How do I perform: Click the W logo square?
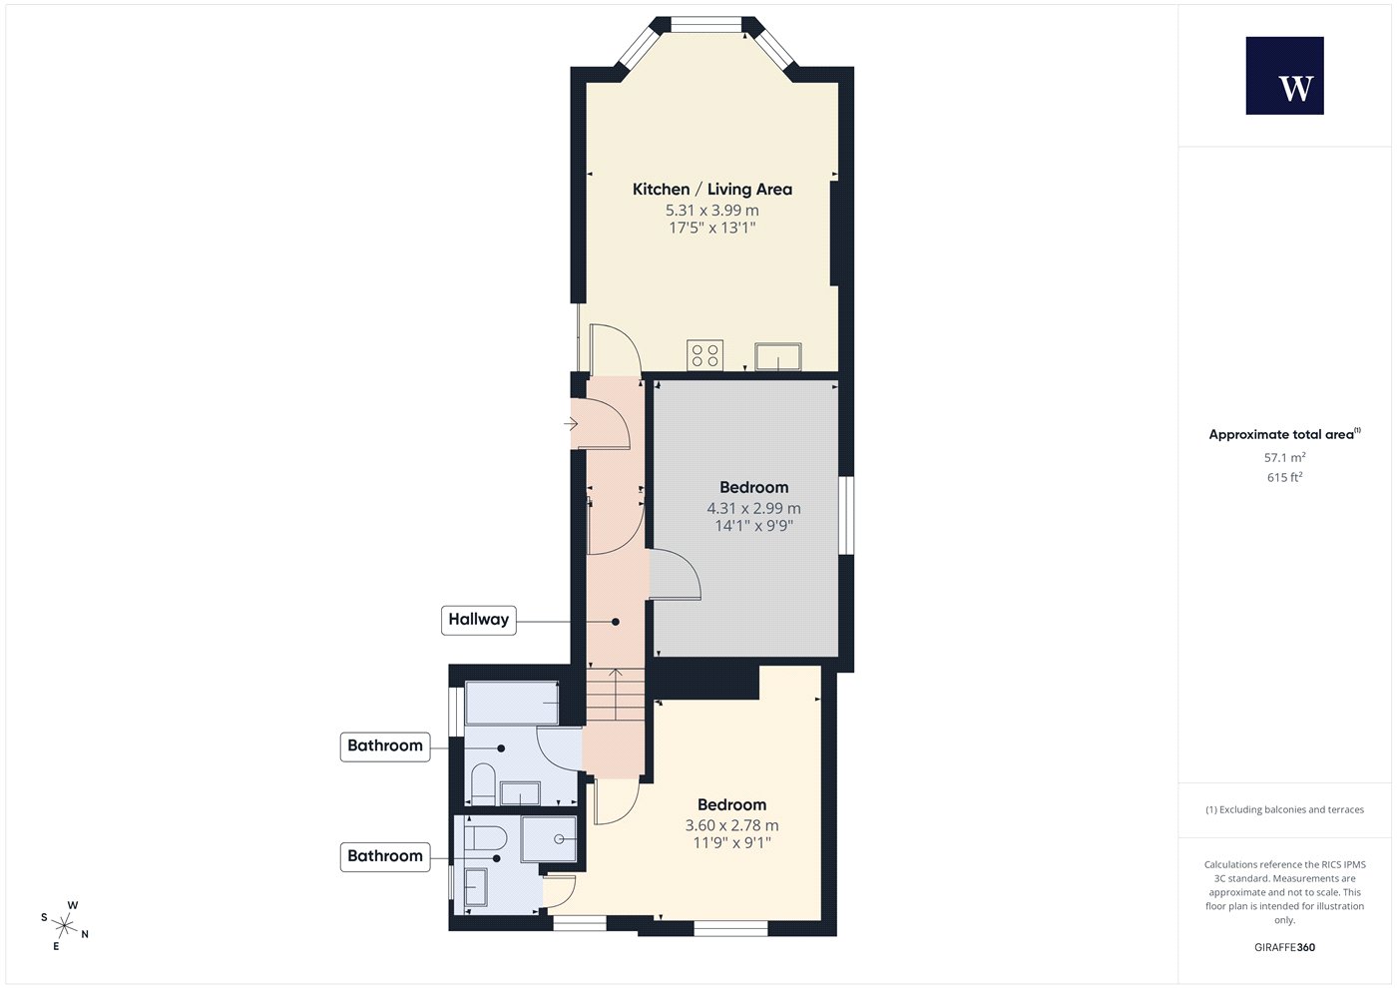point(1285,76)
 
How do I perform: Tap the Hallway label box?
point(478,620)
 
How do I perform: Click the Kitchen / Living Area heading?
point(712,189)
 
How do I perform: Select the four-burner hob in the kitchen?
point(704,355)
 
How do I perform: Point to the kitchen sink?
point(777,356)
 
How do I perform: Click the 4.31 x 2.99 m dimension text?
point(753,508)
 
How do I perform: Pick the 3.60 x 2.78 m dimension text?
point(731,825)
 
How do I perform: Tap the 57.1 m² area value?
point(1285,457)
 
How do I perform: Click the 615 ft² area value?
point(1285,477)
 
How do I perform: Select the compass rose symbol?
point(64,926)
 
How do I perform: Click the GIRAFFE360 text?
point(1285,947)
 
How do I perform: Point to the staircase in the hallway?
point(615,695)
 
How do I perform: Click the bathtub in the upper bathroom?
point(511,703)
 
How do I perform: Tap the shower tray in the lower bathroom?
point(549,839)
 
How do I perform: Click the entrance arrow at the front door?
point(571,424)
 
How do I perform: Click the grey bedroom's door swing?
point(675,575)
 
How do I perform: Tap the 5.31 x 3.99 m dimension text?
point(712,211)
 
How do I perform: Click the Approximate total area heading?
point(1285,434)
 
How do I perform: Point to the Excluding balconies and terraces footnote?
point(1285,809)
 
